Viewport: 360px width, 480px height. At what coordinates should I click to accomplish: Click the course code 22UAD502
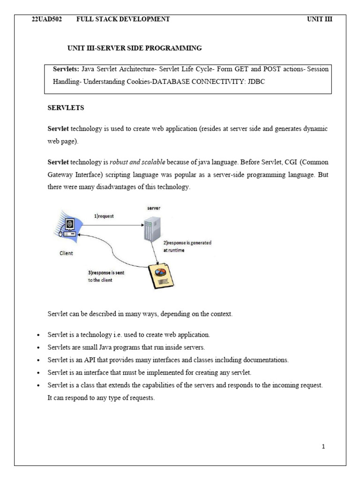coord(46,19)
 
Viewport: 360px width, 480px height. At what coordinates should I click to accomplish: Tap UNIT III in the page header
coord(320,19)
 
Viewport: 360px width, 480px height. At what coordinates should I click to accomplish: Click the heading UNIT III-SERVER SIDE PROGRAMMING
coord(135,48)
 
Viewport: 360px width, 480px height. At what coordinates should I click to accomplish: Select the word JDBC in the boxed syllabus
coord(256,82)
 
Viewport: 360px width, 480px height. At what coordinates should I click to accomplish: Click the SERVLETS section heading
coord(66,108)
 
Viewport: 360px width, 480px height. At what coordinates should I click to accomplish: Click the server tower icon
coord(152,229)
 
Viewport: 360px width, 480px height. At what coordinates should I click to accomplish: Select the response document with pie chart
coord(161,276)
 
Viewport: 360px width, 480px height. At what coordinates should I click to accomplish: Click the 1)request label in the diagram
coord(104,216)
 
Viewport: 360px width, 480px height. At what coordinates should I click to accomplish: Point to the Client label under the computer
coord(66,253)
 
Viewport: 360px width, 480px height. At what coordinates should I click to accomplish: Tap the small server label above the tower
coord(154,208)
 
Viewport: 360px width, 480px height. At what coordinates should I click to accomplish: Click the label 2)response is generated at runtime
coord(187,247)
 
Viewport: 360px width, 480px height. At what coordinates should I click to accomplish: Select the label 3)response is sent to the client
coord(106,277)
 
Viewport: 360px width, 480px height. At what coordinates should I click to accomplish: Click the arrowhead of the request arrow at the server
coord(142,225)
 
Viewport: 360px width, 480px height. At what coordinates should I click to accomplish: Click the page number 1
coord(323,447)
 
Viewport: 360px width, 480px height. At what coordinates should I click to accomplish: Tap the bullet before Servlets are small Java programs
coord(38,348)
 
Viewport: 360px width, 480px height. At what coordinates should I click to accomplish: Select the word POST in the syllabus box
coord(272,69)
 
